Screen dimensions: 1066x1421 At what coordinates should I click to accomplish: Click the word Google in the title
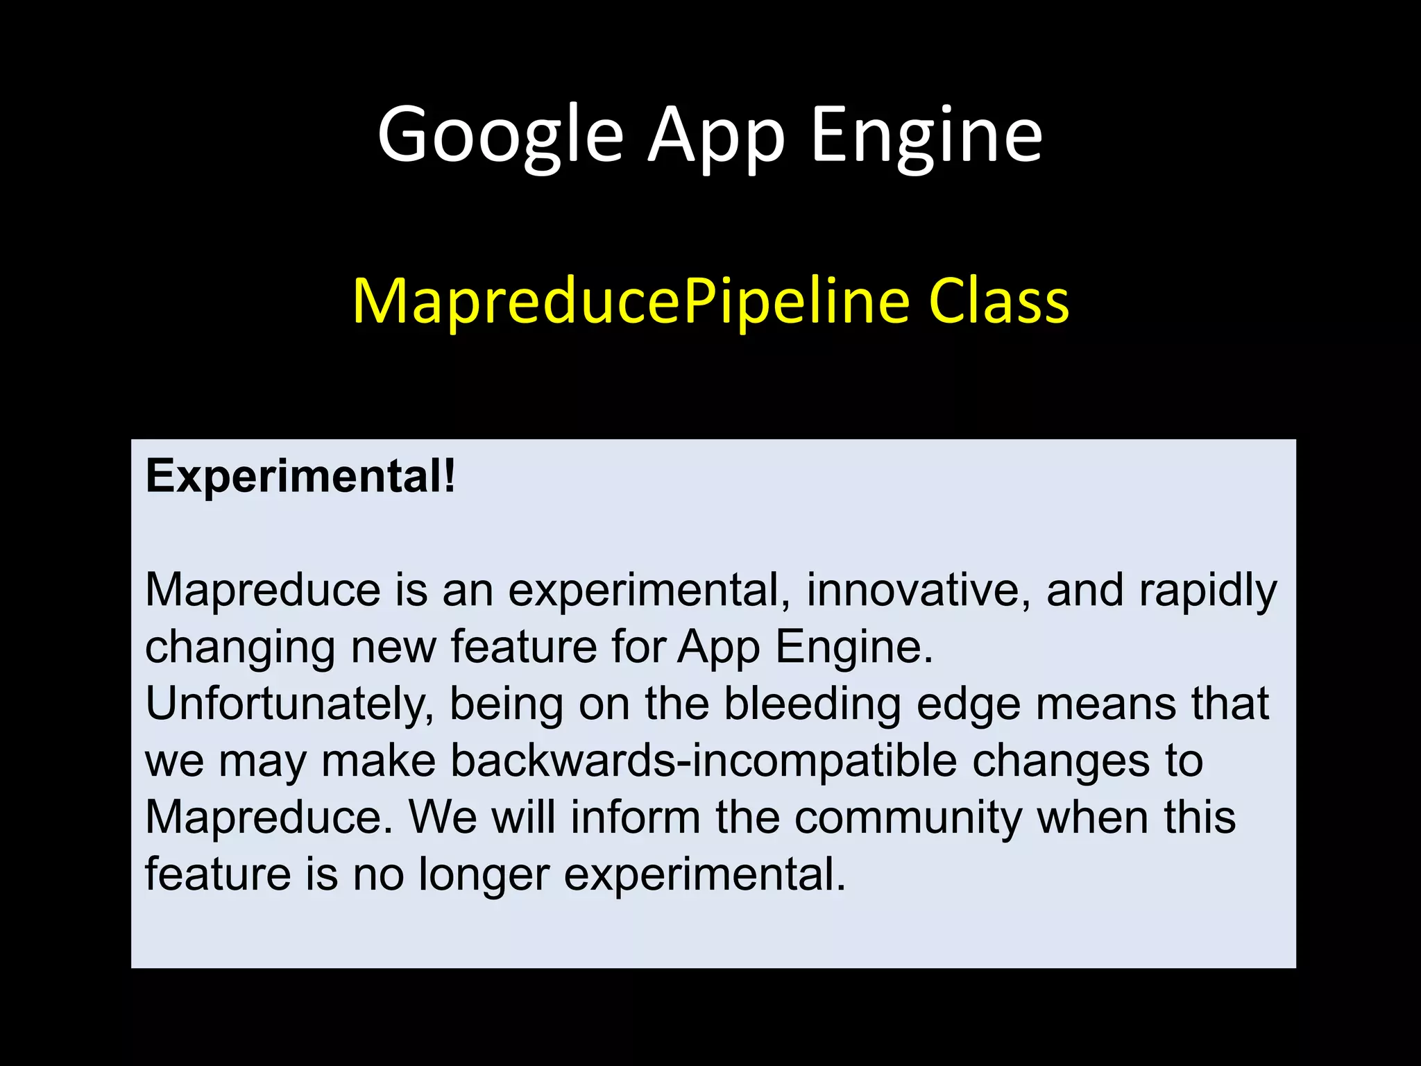[500, 135]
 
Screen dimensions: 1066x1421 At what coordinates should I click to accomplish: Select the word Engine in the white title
[926, 135]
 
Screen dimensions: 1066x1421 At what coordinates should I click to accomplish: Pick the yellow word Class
[999, 302]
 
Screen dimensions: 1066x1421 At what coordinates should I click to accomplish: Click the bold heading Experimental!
[300, 477]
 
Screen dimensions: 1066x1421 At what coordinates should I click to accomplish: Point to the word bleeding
[812, 704]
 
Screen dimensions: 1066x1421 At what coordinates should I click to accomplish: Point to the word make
[379, 761]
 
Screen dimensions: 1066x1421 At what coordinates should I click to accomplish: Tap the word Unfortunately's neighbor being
[506, 705]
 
